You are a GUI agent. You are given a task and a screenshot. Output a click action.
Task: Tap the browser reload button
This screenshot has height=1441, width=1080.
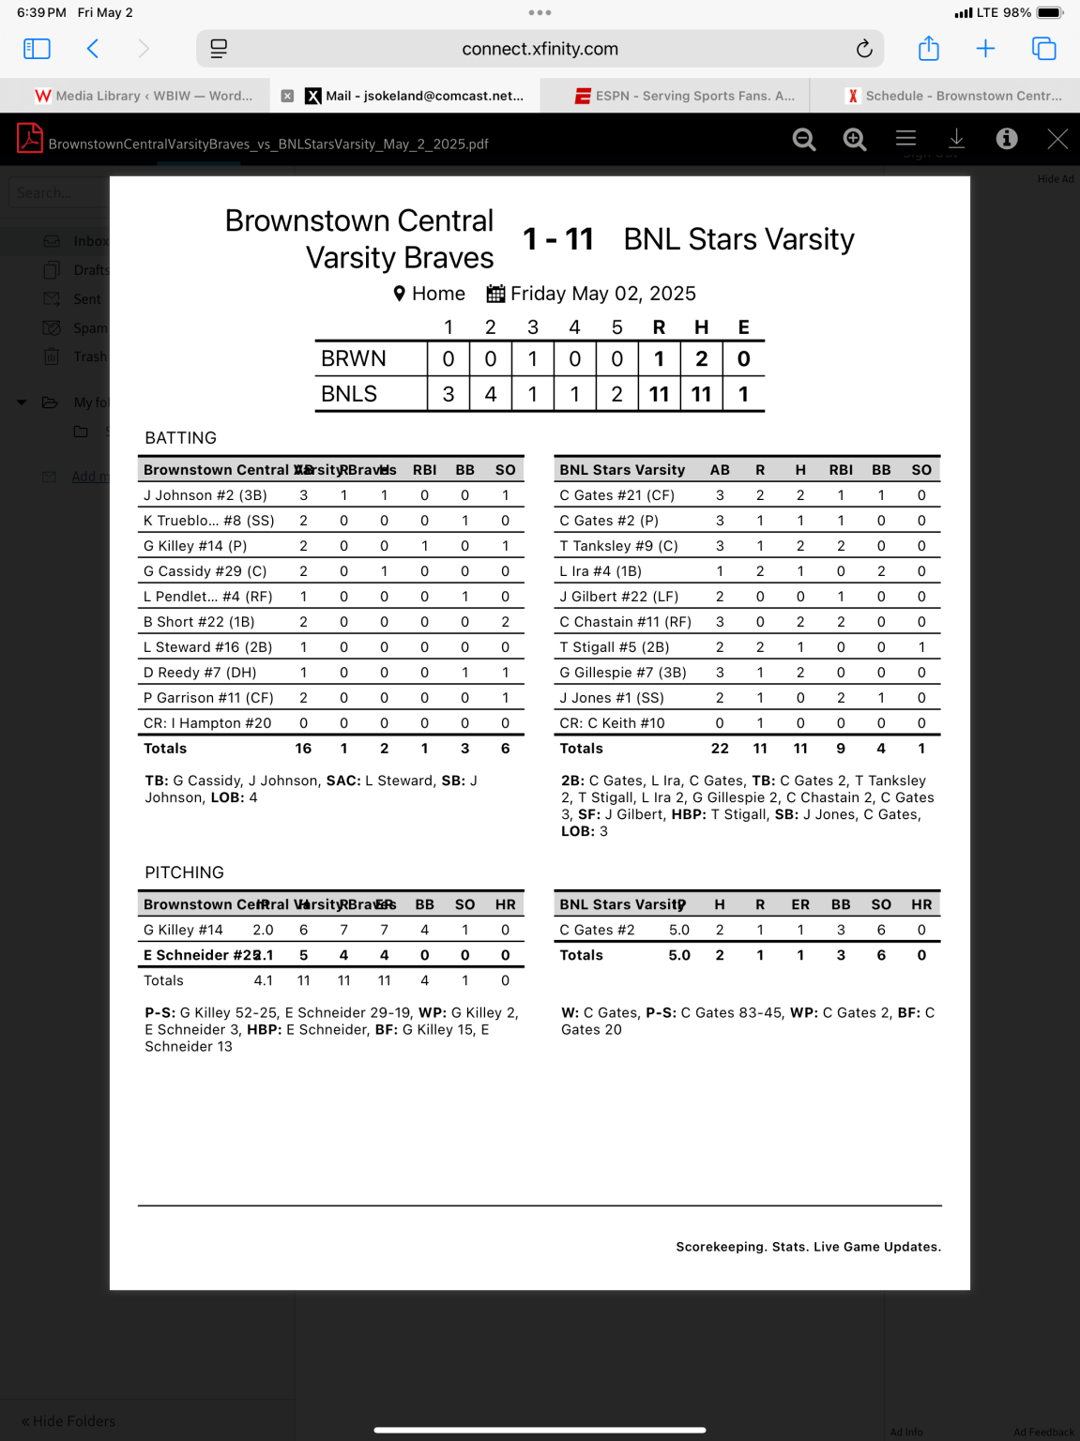coord(864,49)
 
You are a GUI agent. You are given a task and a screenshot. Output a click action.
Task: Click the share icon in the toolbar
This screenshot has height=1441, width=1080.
coord(928,49)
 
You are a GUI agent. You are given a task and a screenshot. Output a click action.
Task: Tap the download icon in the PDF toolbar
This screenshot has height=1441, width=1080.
coord(956,139)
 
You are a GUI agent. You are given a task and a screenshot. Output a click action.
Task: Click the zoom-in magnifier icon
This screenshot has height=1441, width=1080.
coord(854,140)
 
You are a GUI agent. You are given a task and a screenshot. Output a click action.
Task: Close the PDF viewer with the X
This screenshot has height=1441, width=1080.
coord(1057,140)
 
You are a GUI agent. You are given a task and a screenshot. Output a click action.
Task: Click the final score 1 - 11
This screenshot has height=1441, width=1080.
coord(558,239)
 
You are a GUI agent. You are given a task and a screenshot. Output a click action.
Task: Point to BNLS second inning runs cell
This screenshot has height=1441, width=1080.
coord(491,394)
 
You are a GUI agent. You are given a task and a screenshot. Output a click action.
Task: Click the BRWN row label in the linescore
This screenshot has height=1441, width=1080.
coord(354,359)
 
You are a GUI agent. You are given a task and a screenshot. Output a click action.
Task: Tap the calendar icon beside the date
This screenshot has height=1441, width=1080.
coord(495,294)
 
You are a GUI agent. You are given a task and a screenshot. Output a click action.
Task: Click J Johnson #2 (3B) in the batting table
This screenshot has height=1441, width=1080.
coord(205,495)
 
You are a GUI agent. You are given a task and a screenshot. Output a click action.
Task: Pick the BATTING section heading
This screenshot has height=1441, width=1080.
coord(180,438)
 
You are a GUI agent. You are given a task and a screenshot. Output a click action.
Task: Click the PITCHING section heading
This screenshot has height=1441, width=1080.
coord(184,872)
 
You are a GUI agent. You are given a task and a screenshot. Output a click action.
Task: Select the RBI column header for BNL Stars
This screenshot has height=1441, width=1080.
coord(841,470)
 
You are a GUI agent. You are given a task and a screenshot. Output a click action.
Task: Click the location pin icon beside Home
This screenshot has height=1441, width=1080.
coord(400,294)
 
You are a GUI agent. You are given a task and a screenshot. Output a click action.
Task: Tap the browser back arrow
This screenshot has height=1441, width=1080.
coord(93,49)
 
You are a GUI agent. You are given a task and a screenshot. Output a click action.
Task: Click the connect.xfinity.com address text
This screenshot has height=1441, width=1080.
coord(540,49)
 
